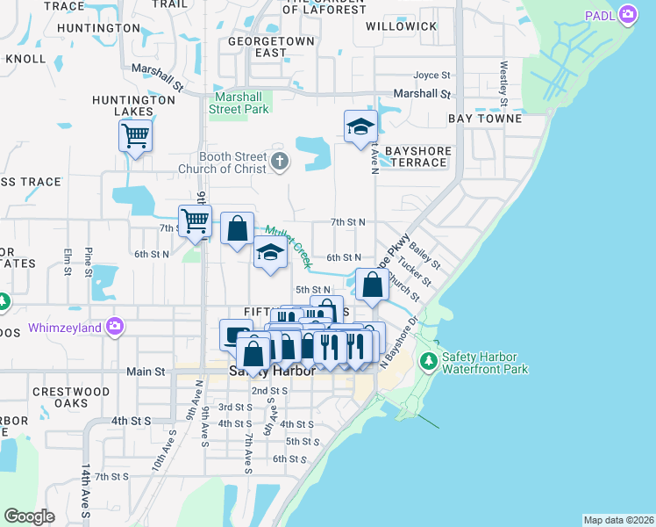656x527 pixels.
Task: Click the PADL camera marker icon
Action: click(627, 14)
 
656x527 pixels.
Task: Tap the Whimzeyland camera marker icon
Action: click(115, 328)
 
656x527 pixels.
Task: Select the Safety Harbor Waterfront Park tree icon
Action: click(428, 361)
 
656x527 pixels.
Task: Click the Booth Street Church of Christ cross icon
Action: click(280, 161)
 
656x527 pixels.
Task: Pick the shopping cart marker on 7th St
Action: click(195, 220)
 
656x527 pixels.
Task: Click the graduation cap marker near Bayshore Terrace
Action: click(360, 126)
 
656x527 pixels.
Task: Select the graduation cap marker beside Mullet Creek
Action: click(270, 253)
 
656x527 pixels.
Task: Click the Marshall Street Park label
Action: click(239, 103)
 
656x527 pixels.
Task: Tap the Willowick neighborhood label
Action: click(401, 26)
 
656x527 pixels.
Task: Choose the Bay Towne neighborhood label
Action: click(485, 118)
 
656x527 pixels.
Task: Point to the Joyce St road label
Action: click(431, 76)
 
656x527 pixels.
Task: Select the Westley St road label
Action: click(503, 79)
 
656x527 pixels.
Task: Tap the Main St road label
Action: click(146, 372)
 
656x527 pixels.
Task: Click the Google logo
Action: click(29, 516)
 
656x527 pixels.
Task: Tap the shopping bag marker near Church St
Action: click(373, 285)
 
